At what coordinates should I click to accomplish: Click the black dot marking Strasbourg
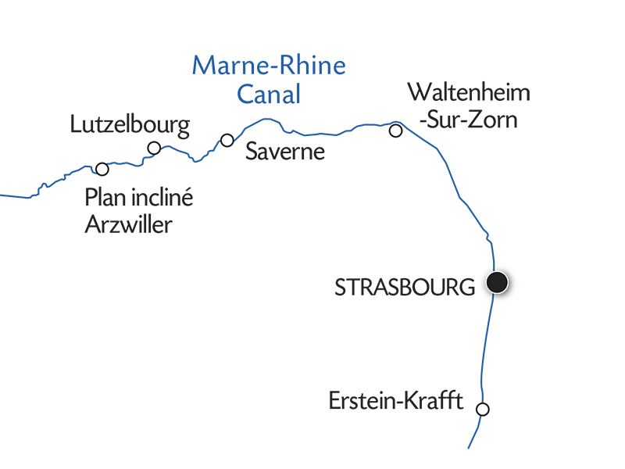(x=497, y=282)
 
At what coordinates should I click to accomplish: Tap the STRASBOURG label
(x=405, y=287)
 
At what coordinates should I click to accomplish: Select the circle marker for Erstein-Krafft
(x=483, y=409)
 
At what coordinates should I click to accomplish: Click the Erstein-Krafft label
(x=396, y=403)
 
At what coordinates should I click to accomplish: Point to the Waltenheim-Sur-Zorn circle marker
(x=396, y=131)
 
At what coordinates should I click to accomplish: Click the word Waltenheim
(x=469, y=93)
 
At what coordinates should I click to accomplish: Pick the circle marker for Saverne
(x=227, y=140)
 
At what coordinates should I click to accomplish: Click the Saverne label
(x=284, y=151)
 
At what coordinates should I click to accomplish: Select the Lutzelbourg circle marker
(x=154, y=149)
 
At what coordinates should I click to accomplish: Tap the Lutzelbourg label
(x=130, y=124)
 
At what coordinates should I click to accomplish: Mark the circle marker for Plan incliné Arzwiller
(x=102, y=169)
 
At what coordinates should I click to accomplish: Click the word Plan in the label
(x=105, y=198)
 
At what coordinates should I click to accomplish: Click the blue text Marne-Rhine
(x=269, y=65)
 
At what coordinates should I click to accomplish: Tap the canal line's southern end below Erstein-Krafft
(x=469, y=447)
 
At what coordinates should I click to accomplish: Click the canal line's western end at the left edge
(x=2, y=194)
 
